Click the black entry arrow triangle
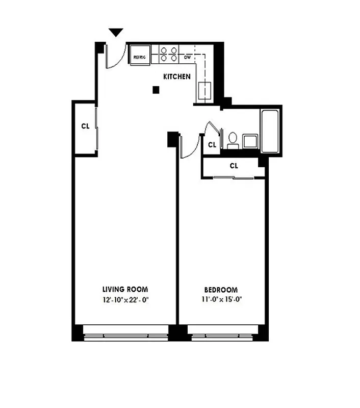point(116,33)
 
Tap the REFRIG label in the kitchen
point(140,57)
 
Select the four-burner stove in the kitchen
point(168,54)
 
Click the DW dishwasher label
point(187,57)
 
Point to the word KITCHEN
point(176,77)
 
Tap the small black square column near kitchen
point(156,90)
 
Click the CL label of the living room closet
point(85,126)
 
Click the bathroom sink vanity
point(249,141)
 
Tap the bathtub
point(270,131)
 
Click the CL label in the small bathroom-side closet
point(212,145)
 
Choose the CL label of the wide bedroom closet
point(234,166)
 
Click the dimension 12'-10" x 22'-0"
point(125,300)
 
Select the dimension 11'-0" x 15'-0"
point(220,300)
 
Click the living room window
point(126,335)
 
